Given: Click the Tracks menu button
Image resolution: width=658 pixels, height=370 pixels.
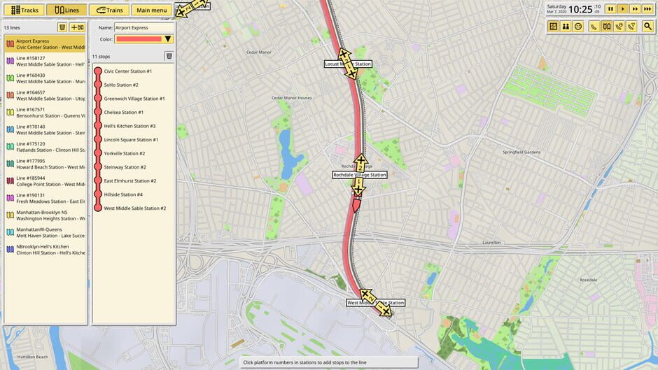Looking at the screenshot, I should click(x=24, y=10).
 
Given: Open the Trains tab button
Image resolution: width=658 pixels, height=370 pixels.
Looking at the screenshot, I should click(x=108, y=10).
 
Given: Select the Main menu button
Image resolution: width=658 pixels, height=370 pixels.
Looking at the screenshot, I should click(x=152, y=10).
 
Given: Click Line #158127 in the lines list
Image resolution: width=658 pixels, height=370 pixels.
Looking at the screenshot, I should click(x=46, y=62).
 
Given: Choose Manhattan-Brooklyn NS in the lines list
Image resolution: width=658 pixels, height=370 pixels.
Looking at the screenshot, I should click(x=46, y=215).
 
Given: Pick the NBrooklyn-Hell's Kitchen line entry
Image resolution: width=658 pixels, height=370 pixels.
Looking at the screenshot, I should click(x=46, y=249).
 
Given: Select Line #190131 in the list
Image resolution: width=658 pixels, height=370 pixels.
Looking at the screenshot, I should click(x=46, y=198).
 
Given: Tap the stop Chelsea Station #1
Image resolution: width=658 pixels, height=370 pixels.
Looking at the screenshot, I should click(x=124, y=112).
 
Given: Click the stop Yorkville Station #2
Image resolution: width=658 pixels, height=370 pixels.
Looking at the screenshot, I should click(x=125, y=153).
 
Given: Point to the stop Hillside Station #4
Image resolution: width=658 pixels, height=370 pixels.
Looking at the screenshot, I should click(x=123, y=194).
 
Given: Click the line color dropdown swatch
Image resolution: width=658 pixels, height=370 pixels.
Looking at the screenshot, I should click(x=144, y=39).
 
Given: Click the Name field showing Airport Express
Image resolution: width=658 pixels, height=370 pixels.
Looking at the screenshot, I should click(x=143, y=27).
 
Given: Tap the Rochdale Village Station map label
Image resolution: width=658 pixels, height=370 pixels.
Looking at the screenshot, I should click(x=359, y=175).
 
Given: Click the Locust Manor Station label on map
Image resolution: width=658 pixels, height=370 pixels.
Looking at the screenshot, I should click(x=347, y=64).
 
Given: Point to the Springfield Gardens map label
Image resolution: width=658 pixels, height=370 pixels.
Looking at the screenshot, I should click(x=521, y=152).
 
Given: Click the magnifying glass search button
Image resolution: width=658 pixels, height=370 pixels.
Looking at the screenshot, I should click(x=649, y=27).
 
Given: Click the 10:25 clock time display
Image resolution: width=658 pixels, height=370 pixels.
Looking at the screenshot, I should click(x=580, y=10).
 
